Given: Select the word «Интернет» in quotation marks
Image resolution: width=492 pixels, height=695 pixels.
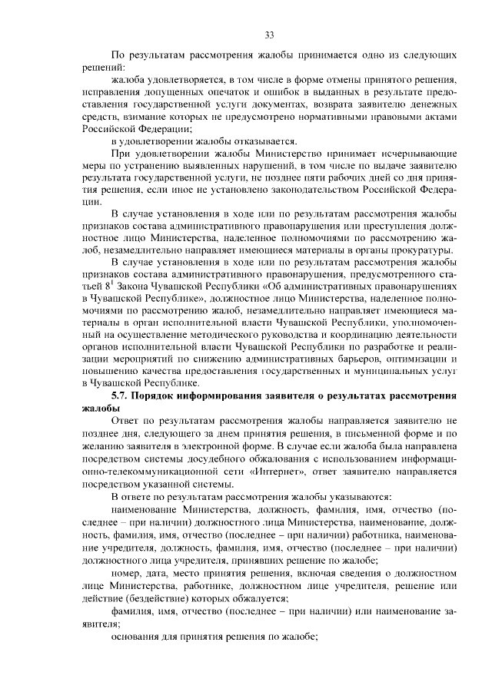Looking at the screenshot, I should [273, 470].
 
